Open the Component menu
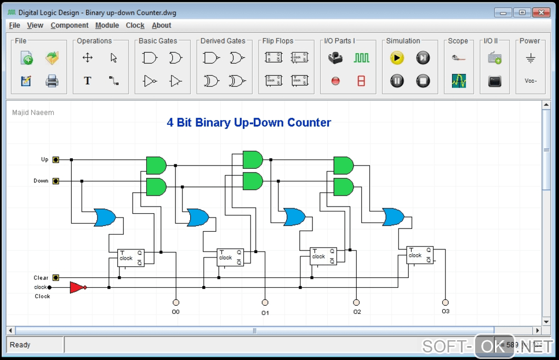(x=69, y=25)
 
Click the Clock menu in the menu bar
(x=135, y=25)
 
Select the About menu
(x=161, y=25)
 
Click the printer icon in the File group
(x=52, y=81)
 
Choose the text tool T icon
(x=87, y=81)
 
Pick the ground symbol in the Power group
(x=530, y=58)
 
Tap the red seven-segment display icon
(x=361, y=81)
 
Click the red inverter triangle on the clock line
(x=77, y=287)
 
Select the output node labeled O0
(x=176, y=302)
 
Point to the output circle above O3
(x=445, y=302)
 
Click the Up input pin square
(x=55, y=160)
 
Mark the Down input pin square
(x=55, y=181)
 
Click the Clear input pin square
(x=55, y=278)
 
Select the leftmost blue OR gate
(x=105, y=218)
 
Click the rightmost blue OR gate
(x=393, y=218)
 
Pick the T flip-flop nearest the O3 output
(x=420, y=255)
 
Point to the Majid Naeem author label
(x=33, y=113)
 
